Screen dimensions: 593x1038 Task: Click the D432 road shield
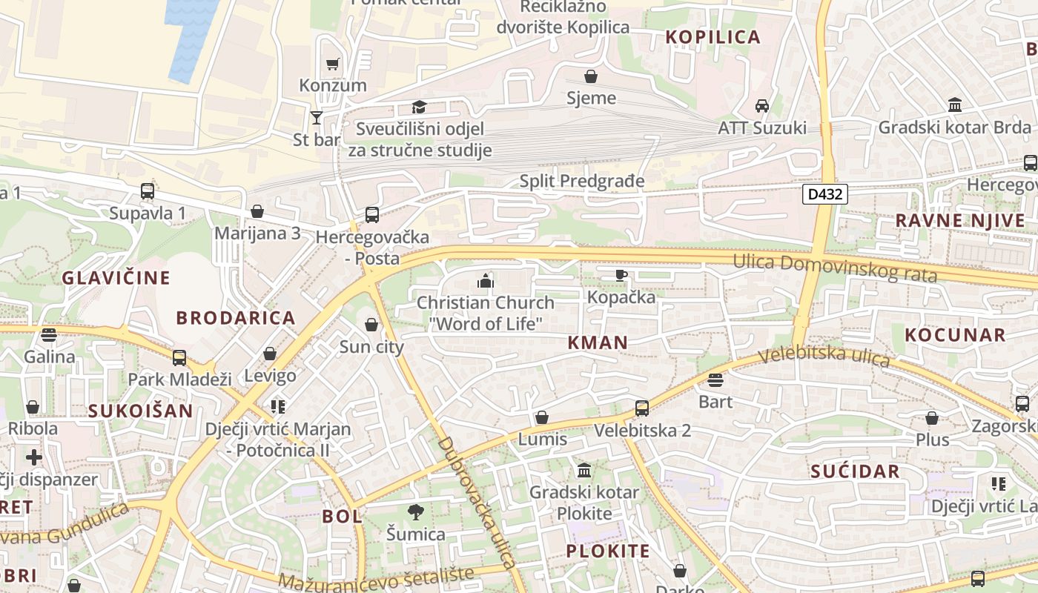824,195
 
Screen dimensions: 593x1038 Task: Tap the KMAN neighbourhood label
598,342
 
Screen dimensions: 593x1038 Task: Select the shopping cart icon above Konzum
333,64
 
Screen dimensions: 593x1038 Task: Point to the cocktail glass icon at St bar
317,117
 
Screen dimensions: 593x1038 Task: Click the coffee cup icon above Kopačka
621,276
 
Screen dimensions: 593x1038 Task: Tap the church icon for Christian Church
486,281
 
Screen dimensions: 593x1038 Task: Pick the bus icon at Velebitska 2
642,408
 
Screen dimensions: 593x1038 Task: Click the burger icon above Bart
715,381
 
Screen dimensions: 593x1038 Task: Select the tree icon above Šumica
416,511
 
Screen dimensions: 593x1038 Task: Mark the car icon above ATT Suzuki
761,106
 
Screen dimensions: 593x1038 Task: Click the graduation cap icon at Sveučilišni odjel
420,107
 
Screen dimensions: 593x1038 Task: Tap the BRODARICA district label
236,318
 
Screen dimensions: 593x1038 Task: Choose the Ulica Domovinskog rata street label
835,268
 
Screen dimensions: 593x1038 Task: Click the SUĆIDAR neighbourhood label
855,471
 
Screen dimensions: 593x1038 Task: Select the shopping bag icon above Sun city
371,325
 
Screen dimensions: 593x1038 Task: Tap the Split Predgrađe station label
582,181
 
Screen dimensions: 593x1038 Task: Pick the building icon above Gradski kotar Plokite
584,471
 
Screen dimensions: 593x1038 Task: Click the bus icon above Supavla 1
148,191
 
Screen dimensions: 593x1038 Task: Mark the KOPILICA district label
713,37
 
